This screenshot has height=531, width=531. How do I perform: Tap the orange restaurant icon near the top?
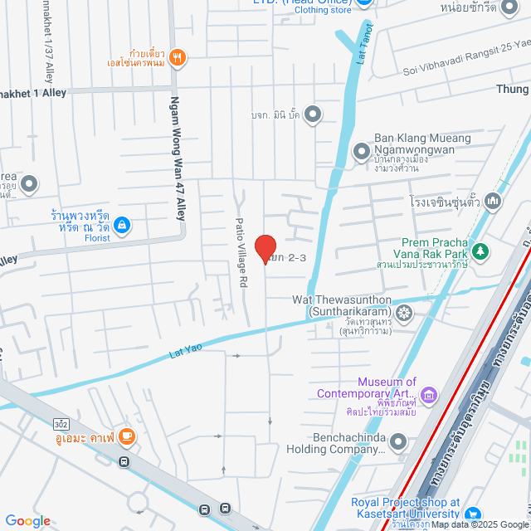177,57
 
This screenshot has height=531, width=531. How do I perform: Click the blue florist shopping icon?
122,224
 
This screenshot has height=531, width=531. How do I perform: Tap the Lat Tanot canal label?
363,42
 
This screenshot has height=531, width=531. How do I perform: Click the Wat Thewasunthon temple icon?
404,313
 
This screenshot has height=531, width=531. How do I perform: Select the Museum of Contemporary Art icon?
428,393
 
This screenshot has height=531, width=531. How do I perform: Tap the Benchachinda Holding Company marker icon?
399,442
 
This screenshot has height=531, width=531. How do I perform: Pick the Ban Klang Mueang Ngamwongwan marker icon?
361,151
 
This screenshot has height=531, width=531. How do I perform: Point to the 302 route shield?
61,422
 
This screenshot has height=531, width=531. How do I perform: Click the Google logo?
27,521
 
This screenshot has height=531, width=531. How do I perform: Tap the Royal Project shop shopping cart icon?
473,514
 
